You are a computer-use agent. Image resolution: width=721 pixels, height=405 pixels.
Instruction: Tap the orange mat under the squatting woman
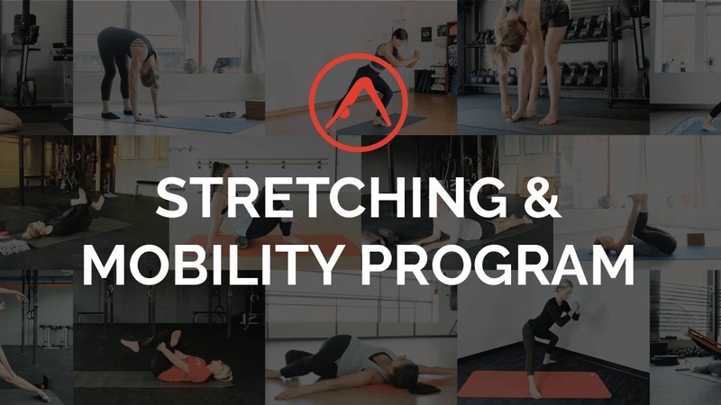click(x=534, y=384)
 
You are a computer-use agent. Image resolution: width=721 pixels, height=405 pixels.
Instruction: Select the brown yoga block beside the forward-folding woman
click(x=255, y=110)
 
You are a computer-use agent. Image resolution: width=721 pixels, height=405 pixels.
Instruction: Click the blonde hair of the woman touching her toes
click(x=500, y=42)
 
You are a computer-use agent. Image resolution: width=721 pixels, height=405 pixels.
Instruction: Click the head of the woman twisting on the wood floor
click(x=409, y=377)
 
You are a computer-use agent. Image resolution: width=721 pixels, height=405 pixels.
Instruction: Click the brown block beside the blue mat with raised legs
click(x=695, y=239)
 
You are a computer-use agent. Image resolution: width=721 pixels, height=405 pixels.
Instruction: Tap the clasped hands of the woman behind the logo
click(x=416, y=53)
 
